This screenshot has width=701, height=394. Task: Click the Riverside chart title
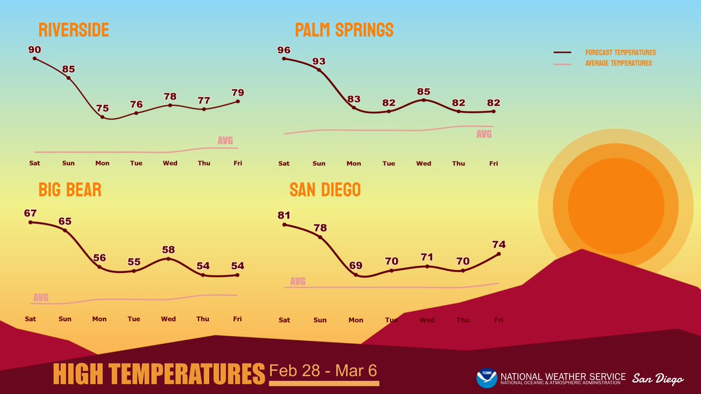(74, 30)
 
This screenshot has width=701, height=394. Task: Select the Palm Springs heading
(344, 30)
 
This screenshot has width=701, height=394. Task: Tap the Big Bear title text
(70, 190)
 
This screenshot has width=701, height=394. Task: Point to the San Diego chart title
(325, 190)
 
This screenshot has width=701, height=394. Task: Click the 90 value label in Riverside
(34, 49)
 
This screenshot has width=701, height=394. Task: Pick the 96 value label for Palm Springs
(284, 50)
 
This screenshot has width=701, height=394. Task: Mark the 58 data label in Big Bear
(168, 249)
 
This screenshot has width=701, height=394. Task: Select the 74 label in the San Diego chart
(499, 244)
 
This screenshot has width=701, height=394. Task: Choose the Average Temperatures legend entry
(618, 63)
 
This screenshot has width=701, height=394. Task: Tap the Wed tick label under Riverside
(170, 163)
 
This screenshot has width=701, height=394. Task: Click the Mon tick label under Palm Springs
(353, 163)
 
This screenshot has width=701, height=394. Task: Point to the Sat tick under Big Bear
(30, 319)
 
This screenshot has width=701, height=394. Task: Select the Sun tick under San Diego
(320, 320)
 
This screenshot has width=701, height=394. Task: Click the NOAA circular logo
(487, 378)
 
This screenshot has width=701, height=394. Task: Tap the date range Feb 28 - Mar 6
(324, 371)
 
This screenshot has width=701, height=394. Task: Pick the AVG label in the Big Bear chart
(41, 298)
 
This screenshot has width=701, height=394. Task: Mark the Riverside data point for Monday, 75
(103, 117)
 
